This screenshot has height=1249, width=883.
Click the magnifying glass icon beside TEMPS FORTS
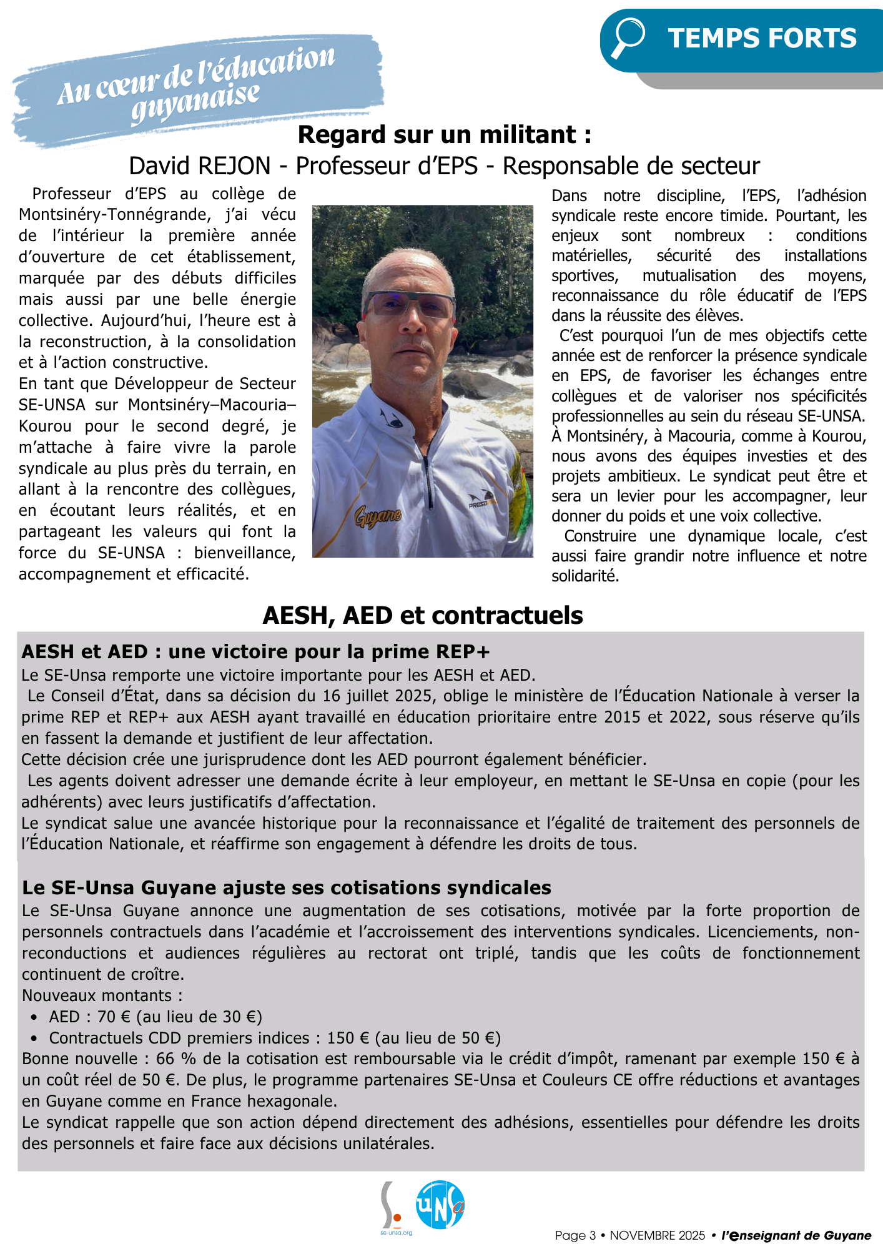[x=628, y=37]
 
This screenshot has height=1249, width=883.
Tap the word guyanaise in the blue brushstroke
[x=195, y=102]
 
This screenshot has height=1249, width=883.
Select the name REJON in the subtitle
[x=235, y=166]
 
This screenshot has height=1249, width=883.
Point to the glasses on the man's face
[x=409, y=305]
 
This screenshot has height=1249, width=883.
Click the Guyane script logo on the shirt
[x=377, y=517]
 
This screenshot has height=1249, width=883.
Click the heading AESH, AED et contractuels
[x=423, y=616]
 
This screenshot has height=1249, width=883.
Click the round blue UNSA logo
[x=440, y=1205]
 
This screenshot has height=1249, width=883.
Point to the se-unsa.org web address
[x=396, y=1233]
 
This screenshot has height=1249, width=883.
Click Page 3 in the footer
[x=575, y=1236]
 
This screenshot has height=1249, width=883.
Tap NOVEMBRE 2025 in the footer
[x=657, y=1236]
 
